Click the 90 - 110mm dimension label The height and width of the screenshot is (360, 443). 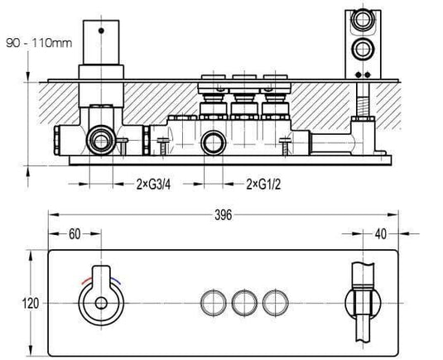point(39,43)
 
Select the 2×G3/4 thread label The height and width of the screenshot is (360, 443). point(153,185)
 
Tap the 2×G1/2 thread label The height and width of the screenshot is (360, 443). point(263,185)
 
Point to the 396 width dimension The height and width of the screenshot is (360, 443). point(224,215)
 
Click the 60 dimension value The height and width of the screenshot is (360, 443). point(75,234)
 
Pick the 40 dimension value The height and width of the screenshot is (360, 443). point(381,234)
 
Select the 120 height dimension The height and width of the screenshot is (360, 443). point(31,304)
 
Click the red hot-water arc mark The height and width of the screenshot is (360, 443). point(86,280)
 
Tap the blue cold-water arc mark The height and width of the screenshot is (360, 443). point(115,281)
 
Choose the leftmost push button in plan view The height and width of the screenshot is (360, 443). point(214,303)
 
